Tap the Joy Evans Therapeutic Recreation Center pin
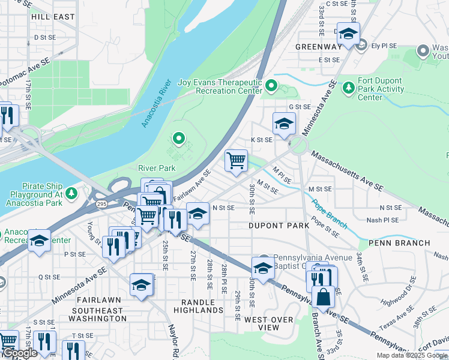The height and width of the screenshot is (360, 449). click(x=271, y=87)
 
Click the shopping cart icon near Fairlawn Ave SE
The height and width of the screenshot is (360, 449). click(x=237, y=160)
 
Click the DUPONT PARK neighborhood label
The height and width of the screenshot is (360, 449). click(x=279, y=225)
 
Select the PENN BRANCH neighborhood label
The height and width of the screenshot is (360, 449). click(x=399, y=243)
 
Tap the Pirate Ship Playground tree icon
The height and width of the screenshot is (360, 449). click(x=71, y=193)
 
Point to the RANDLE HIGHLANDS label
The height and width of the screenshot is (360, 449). click(x=198, y=306)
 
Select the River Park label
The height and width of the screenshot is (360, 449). click(x=157, y=169)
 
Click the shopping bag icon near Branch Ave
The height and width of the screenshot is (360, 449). click(x=323, y=296)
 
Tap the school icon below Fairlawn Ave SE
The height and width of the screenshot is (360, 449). click(x=197, y=214)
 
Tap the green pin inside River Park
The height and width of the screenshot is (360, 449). click(x=178, y=139)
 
